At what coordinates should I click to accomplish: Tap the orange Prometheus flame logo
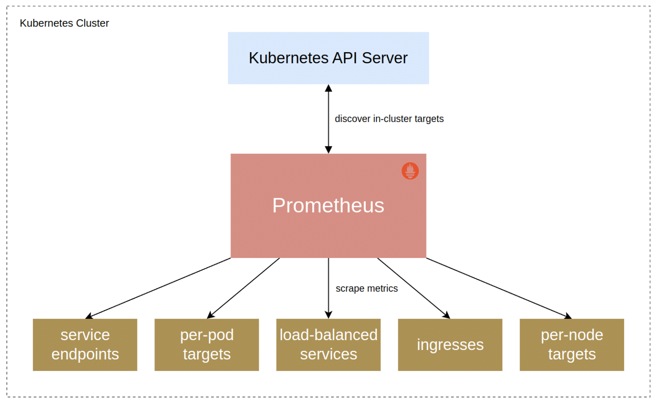tap(410, 171)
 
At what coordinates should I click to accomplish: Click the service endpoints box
tap(85, 344)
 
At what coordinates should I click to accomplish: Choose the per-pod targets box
tap(207, 344)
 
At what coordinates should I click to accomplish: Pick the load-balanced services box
tap(328, 344)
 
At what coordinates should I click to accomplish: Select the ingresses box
tap(450, 344)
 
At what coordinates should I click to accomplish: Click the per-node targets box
tap(571, 344)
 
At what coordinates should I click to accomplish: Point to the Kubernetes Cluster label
tap(64, 23)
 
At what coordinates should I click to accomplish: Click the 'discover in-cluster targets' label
tap(389, 119)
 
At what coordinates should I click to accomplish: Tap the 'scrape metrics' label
tap(367, 288)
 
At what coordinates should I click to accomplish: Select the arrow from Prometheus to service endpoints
tap(158, 288)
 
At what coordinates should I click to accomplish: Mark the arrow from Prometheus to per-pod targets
tap(243, 288)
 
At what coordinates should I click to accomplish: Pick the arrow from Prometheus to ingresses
tap(413, 288)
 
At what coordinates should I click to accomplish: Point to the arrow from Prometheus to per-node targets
tap(499, 288)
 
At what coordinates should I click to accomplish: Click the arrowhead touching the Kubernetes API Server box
tap(328, 88)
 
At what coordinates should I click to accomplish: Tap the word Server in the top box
tap(385, 58)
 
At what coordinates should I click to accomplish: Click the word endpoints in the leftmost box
tap(85, 354)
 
